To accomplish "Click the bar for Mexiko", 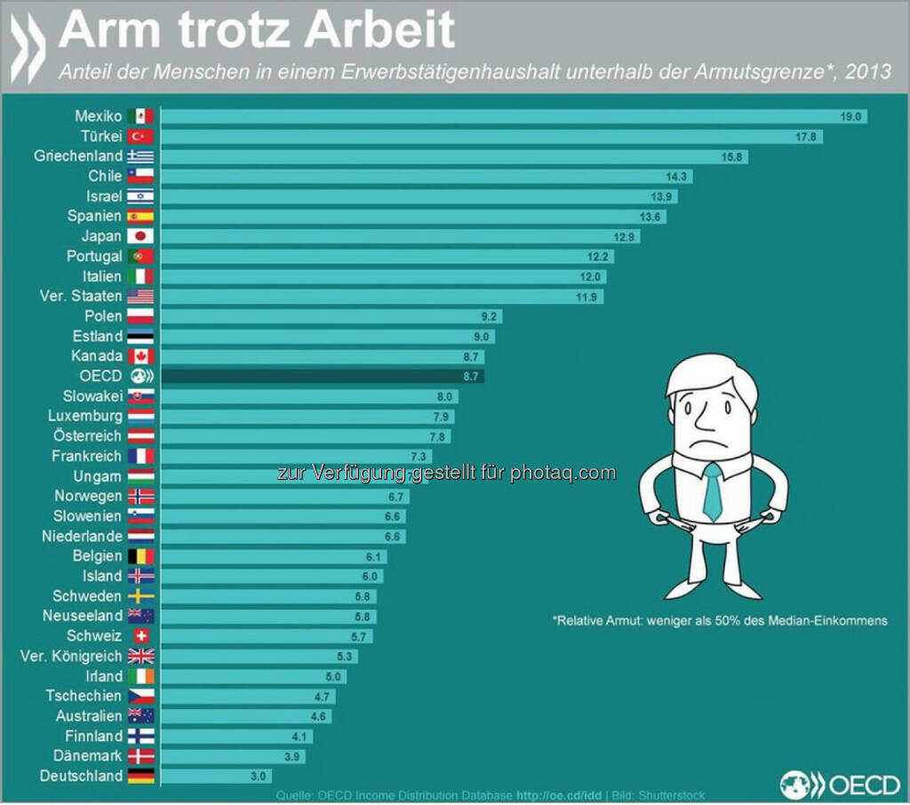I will coord(498,116).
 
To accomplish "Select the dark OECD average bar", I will coord(320,376).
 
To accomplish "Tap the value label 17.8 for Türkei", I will coord(808,137).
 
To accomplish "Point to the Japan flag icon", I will coord(140,236).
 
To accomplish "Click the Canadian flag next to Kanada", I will coord(140,356).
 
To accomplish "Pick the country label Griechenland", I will coord(78,156).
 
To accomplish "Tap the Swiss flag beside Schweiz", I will coord(140,636).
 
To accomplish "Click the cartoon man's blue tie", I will coord(713,491).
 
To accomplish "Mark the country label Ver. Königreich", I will coord(71,657).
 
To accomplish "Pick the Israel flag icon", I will coord(140,196).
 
